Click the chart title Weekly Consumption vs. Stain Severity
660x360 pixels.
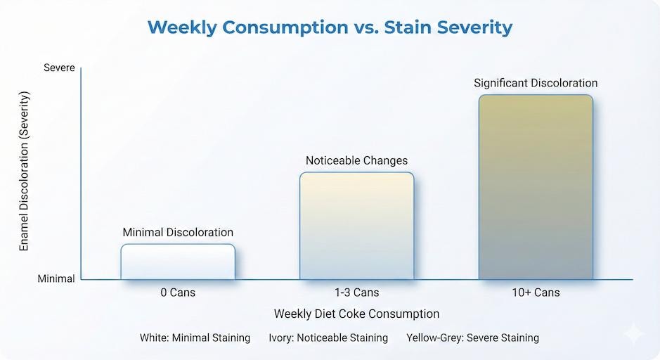[x=330, y=27]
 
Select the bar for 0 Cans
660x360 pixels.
[x=178, y=262]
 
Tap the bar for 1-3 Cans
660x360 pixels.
[x=356, y=226]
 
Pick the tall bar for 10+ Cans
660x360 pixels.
[x=536, y=187]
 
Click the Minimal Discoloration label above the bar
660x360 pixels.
[x=178, y=232]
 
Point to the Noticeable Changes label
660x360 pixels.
[x=356, y=160]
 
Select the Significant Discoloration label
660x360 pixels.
[x=536, y=83]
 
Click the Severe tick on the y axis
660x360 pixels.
[x=59, y=68]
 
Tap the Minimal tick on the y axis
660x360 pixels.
[x=56, y=279]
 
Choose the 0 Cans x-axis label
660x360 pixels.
[x=178, y=292]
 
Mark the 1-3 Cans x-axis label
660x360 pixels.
[x=356, y=292]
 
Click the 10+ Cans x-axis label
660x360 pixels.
[x=536, y=292]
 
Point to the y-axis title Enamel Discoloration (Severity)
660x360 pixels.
[x=24, y=171]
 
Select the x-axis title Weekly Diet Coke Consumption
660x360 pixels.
[x=356, y=314]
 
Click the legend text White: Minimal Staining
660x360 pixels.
[x=195, y=337]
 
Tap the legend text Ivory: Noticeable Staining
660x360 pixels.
[x=328, y=337]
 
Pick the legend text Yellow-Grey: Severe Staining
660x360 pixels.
[x=472, y=337]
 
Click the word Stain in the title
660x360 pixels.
[x=410, y=27]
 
